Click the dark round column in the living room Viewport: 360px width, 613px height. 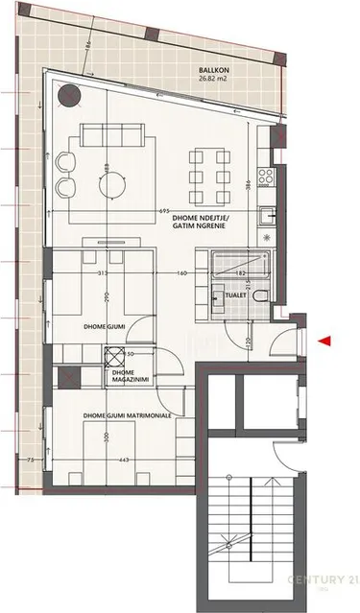click(69, 96)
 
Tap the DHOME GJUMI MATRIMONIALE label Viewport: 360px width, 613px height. click(128, 414)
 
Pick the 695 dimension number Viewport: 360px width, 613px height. click(164, 209)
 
